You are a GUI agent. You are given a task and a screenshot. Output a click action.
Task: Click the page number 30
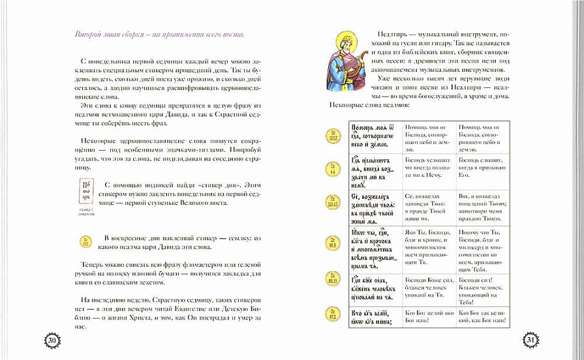pos(52,338)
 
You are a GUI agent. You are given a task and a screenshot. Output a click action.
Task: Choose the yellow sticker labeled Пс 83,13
pos(333,282)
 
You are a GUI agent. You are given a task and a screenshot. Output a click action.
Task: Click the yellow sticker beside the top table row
pos(333,136)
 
